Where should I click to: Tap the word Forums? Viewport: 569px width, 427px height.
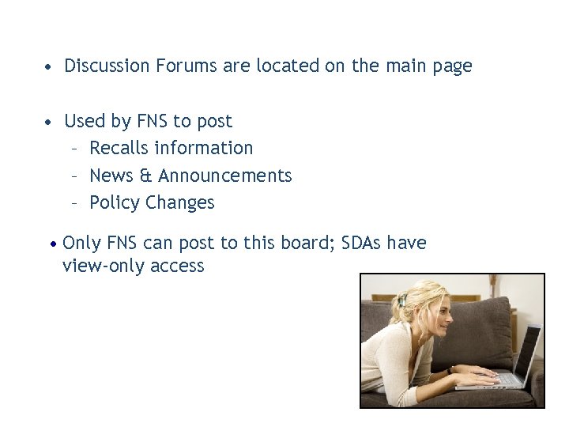click(x=188, y=66)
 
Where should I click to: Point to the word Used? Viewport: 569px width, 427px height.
click(x=84, y=121)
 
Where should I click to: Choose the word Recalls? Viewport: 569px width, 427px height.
click(x=119, y=148)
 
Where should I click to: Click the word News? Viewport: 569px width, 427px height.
click(x=110, y=175)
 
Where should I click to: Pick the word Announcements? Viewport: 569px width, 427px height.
click(x=225, y=175)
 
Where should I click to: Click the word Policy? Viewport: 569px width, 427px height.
click(x=115, y=202)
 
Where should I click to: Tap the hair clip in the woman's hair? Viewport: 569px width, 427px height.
click(x=403, y=300)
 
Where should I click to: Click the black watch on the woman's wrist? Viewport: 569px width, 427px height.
click(x=448, y=370)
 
